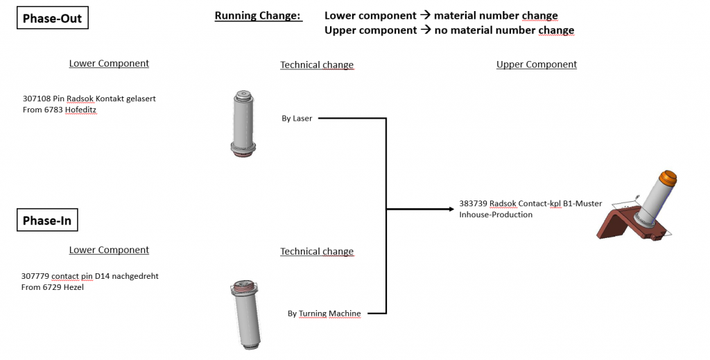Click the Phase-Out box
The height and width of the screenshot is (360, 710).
click(52, 18)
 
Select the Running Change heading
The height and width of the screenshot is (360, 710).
click(258, 15)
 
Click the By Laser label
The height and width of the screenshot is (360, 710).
click(297, 119)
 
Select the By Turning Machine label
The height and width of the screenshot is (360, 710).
click(324, 314)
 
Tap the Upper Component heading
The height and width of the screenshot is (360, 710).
click(537, 65)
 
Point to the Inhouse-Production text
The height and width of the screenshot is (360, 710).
click(496, 215)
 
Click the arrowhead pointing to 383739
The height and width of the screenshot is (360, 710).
click(451, 209)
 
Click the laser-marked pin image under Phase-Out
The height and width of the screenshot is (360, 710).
click(243, 123)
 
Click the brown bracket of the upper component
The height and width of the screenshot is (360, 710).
click(621, 226)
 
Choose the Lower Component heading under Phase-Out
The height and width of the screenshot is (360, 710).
click(109, 63)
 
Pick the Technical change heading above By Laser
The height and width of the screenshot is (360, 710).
click(317, 65)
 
